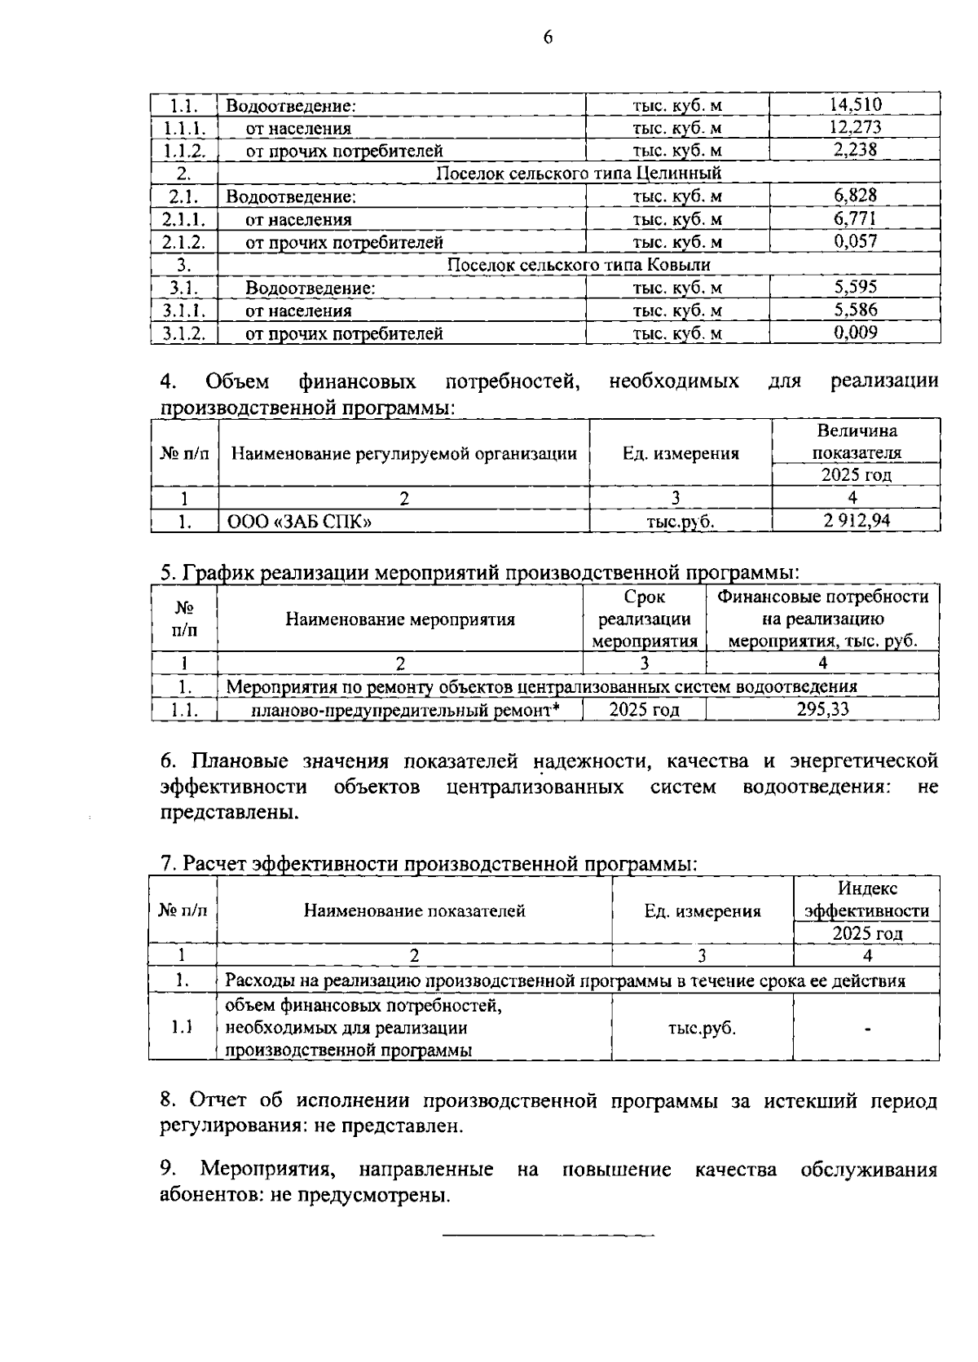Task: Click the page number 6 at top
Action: coord(548,37)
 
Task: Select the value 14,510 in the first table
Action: coord(855,104)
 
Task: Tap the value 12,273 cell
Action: coord(855,127)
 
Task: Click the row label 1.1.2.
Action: coord(184,151)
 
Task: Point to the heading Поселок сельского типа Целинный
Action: coord(579,174)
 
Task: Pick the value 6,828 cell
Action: coord(855,196)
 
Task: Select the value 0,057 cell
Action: coord(855,241)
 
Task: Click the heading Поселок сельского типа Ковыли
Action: coord(579,265)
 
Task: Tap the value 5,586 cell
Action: coord(855,310)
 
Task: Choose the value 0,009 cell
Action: coord(855,333)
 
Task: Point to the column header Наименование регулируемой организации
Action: coord(404,454)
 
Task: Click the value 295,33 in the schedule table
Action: coord(822,709)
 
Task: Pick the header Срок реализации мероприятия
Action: coord(644,619)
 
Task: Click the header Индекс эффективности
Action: coord(866,899)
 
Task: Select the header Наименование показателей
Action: coord(414,911)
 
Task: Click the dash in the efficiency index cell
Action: coord(868,1029)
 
